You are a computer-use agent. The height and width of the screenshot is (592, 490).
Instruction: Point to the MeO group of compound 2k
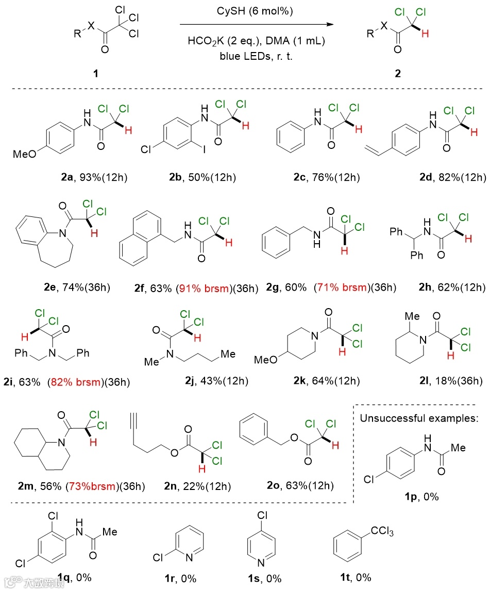(267, 358)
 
